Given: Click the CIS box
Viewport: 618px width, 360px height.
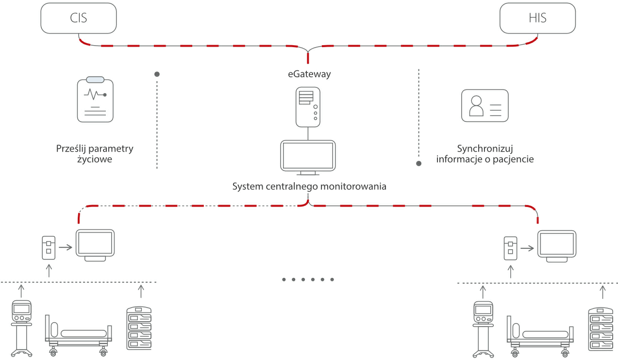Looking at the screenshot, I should pyautogui.click(x=79, y=19).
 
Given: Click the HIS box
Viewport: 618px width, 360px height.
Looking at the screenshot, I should pyautogui.click(x=537, y=19).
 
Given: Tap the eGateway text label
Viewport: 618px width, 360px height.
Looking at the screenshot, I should pyautogui.click(x=308, y=74).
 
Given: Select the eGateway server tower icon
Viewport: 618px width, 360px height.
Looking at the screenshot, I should pyautogui.click(x=308, y=106).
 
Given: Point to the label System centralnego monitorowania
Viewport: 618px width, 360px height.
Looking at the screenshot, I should pyautogui.click(x=309, y=186).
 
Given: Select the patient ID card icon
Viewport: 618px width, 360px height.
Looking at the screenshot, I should pyautogui.click(x=484, y=105).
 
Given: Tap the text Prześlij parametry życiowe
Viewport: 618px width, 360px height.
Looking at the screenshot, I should pyautogui.click(x=95, y=154).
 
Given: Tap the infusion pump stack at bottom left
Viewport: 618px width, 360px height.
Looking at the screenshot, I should pyautogui.click(x=139, y=328).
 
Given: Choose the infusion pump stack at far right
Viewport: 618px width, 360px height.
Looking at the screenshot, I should pyautogui.click(x=601, y=329).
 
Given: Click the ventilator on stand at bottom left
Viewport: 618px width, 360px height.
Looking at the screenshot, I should pyautogui.click(x=21, y=328).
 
